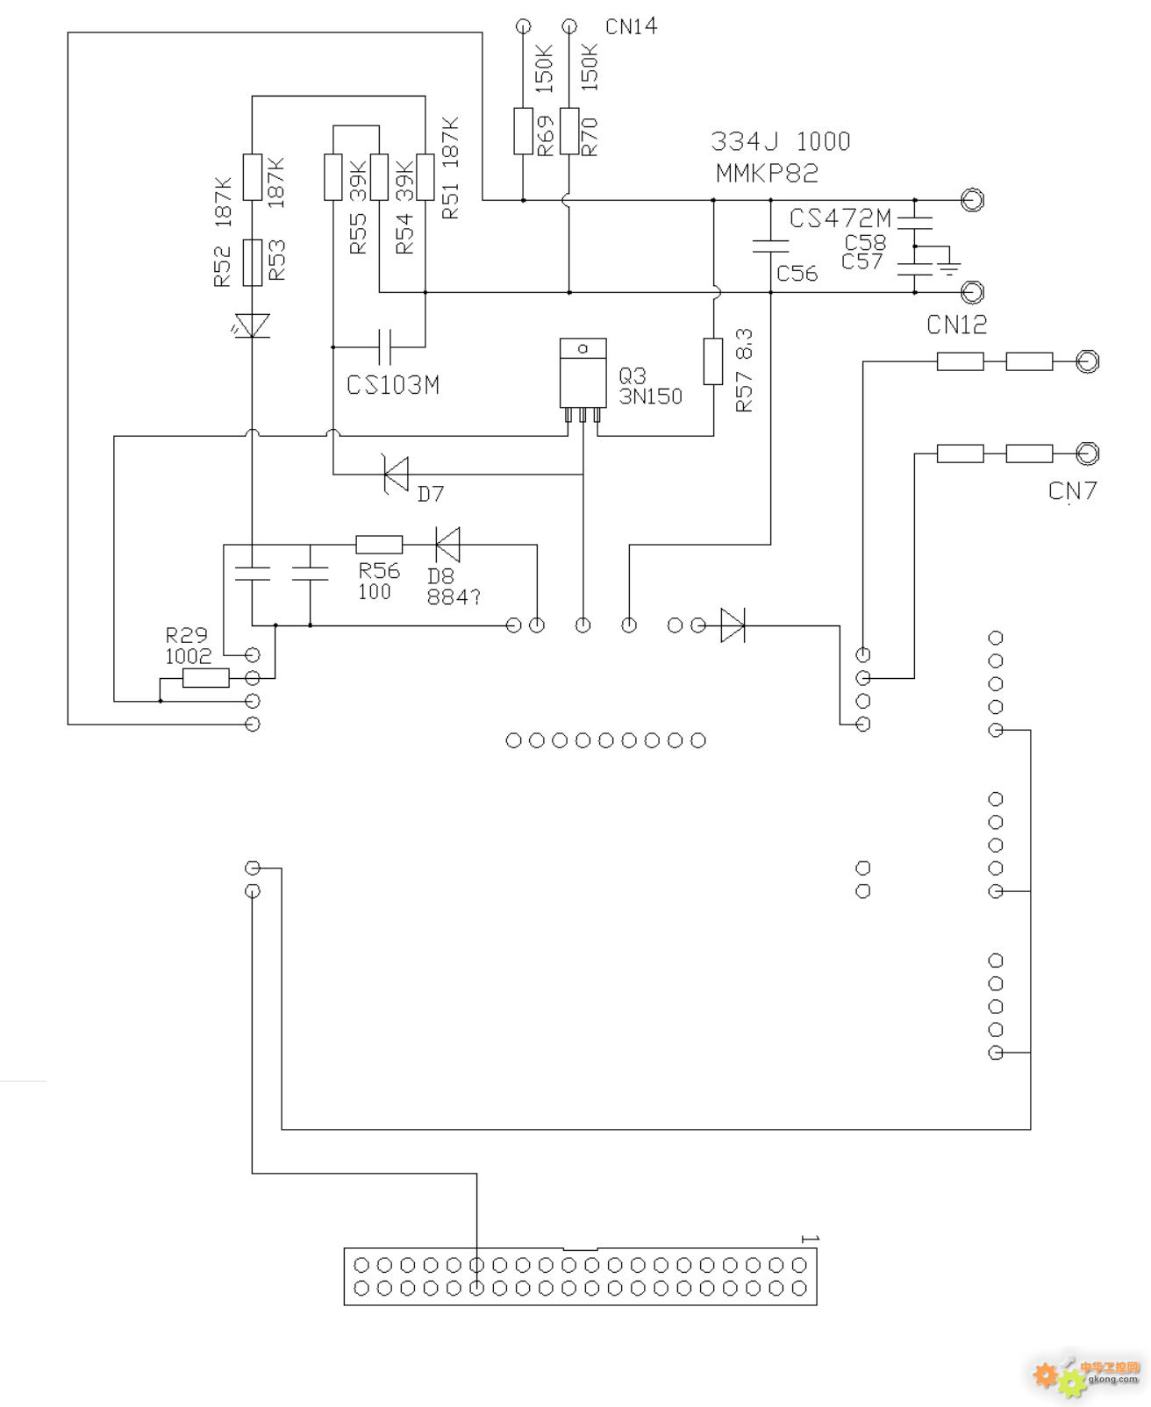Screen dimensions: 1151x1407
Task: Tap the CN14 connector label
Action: click(631, 26)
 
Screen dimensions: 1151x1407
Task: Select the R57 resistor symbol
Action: click(712, 361)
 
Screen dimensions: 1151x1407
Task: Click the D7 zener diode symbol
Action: click(397, 475)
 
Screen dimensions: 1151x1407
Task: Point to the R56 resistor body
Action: click(379, 545)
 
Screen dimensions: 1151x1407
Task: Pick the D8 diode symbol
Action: click(447, 545)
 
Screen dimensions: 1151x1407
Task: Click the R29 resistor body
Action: click(205, 678)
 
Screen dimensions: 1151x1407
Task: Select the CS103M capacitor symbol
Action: click(384, 346)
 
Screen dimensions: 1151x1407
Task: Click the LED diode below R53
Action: click(251, 325)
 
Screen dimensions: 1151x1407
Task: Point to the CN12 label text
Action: click(955, 325)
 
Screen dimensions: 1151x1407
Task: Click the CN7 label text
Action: click(1072, 490)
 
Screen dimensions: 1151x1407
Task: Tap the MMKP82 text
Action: click(767, 174)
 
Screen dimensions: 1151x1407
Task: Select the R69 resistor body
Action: click(523, 131)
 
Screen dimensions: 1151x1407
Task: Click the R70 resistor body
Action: click(569, 131)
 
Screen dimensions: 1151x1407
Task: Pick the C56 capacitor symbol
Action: click(770, 246)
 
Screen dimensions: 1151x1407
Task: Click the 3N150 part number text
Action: click(651, 396)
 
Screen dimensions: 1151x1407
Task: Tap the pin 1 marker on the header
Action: click(809, 1239)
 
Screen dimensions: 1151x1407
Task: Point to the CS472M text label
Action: click(840, 218)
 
